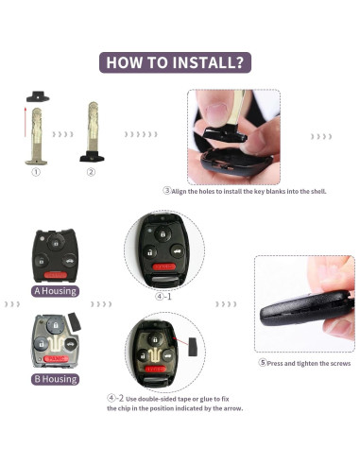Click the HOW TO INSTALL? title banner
coord(175,62)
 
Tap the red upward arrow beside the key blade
coord(26,122)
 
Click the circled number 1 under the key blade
coord(36,172)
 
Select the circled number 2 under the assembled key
coord(91,172)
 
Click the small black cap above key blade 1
coord(38,96)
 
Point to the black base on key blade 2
coord(92,156)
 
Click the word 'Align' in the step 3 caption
coord(179,191)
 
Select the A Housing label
coord(55,291)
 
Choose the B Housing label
coord(55,379)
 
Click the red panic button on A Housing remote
coord(56,275)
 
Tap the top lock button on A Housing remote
coord(56,243)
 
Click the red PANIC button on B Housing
coord(57,358)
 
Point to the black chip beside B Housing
coord(75,321)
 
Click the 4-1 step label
coord(163,297)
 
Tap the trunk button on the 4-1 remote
coord(178,251)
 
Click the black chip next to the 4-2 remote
coord(193,347)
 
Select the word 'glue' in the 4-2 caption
coord(206,399)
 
